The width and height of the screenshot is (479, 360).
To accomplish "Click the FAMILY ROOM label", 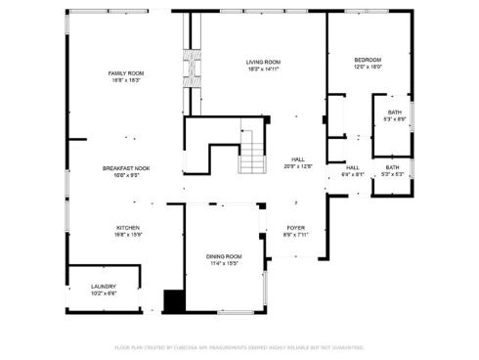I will pyautogui.click(x=126, y=73).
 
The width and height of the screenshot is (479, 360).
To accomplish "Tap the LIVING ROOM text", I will pyautogui.click(x=263, y=62).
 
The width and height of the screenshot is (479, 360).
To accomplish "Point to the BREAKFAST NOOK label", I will pyautogui.click(x=126, y=168).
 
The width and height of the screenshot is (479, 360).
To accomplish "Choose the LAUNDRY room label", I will pyautogui.click(x=104, y=286).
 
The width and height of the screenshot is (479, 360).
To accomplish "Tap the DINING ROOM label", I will pyautogui.click(x=224, y=255).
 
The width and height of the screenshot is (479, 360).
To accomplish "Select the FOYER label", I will pyautogui.click(x=295, y=227).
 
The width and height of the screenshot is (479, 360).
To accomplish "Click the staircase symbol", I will pyautogui.click(x=253, y=151).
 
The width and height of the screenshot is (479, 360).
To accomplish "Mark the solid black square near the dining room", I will pyautogui.click(x=173, y=301).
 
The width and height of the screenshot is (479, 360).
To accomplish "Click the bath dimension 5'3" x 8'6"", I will pyautogui.click(x=394, y=119).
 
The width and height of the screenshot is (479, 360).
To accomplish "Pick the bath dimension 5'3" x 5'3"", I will pyautogui.click(x=392, y=175).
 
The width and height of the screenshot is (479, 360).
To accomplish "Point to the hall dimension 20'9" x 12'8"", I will pyautogui.click(x=297, y=166).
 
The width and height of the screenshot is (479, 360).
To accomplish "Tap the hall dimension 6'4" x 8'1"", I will pyautogui.click(x=353, y=175).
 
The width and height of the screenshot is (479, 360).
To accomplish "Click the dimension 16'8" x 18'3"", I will pyautogui.click(x=126, y=81).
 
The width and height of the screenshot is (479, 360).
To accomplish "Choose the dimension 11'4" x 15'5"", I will pyautogui.click(x=224, y=263).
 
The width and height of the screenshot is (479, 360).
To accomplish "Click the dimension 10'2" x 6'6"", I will pyautogui.click(x=104, y=293).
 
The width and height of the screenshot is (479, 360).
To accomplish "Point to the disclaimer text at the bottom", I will pyautogui.click(x=239, y=346).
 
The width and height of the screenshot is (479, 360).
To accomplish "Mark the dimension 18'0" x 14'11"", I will pyautogui.click(x=263, y=69).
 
